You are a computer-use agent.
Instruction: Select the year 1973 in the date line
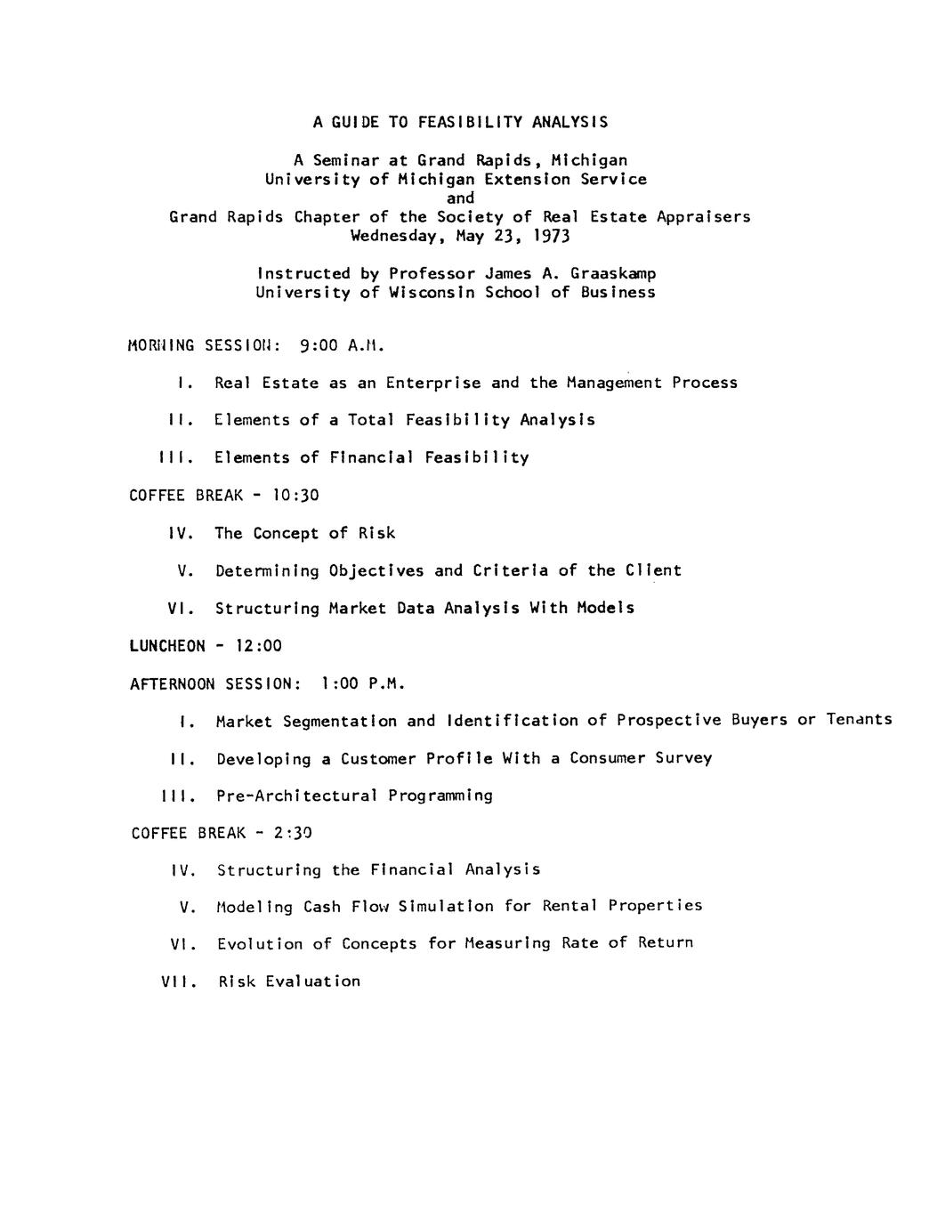[x=551, y=236]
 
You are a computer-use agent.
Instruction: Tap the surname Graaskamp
[x=613, y=273]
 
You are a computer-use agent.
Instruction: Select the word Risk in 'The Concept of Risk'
[x=376, y=533]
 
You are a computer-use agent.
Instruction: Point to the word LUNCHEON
[x=167, y=646]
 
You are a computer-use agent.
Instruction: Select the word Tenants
[x=859, y=719]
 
